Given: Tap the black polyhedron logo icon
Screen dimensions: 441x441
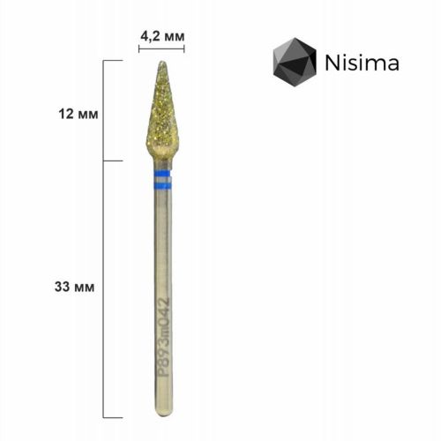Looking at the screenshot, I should (294, 64).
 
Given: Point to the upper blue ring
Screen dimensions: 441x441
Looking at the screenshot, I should (161, 176).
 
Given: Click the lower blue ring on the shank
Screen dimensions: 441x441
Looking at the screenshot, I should (161, 186).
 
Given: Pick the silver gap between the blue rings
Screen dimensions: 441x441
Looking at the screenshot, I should (161, 182).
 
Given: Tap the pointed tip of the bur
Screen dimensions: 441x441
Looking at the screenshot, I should (162, 64).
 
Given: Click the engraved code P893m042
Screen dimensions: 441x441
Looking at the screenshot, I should (161, 336).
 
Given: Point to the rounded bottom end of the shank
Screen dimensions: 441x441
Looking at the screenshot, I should (161, 414).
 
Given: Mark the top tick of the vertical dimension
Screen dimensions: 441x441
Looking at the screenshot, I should (110, 60).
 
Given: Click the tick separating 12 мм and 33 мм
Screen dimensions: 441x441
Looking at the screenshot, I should (110, 161).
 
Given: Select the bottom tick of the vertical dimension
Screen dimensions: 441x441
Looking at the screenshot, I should (110, 416).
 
